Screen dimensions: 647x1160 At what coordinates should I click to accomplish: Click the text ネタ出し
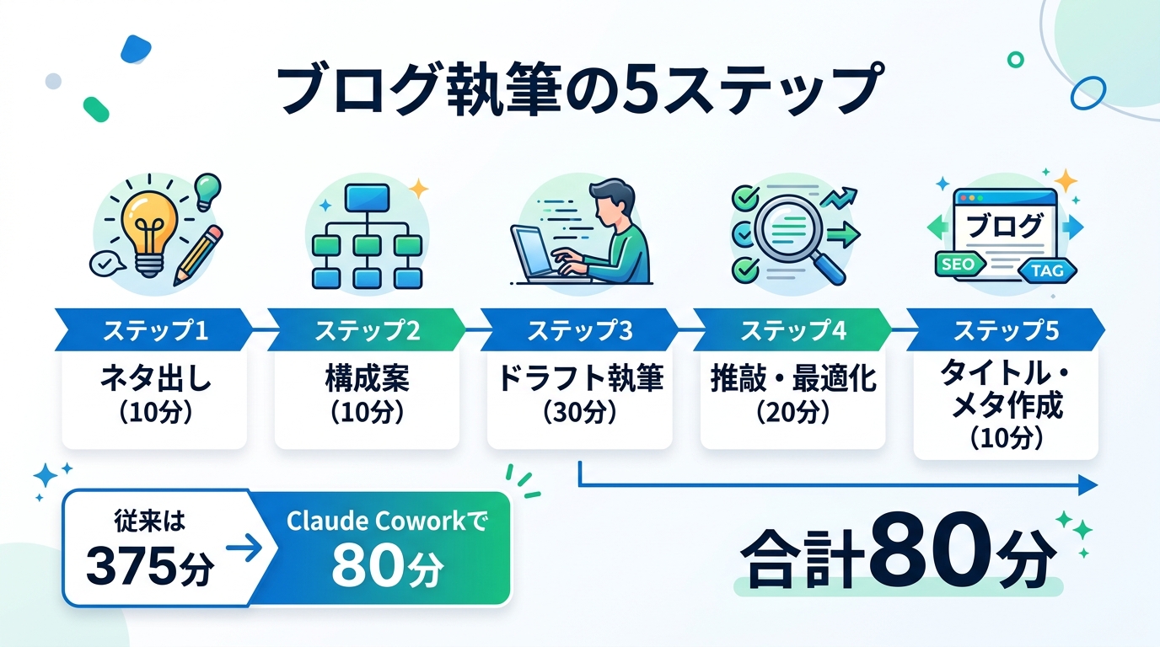[x=154, y=379]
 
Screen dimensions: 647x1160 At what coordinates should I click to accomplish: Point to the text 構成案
[x=367, y=379]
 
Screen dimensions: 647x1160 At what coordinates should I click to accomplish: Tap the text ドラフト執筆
[x=579, y=379]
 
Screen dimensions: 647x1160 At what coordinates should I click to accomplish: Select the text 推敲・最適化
[x=792, y=379]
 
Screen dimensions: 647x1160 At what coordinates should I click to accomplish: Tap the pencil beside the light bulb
[x=198, y=254]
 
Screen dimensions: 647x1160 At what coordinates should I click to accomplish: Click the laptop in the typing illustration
[x=540, y=252]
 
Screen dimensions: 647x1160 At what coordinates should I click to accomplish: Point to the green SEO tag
[x=959, y=265]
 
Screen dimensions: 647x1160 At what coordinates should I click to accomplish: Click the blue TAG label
[x=1045, y=270]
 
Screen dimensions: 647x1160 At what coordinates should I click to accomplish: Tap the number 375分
[x=149, y=569]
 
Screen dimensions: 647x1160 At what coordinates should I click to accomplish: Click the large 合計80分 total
[x=898, y=557]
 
